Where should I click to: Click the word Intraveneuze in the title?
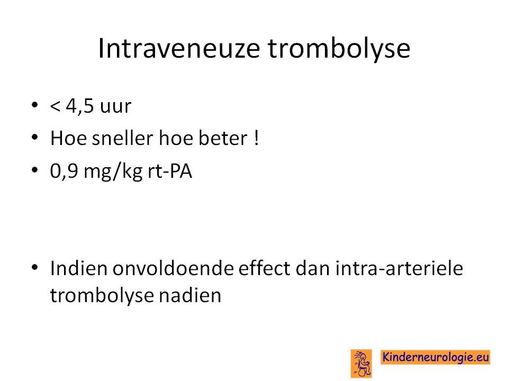pos(179,48)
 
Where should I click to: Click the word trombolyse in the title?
pos(339,49)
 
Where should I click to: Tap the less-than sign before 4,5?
pos(55,106)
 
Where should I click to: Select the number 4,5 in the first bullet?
pos(79,106)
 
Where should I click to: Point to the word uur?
pos(115,107)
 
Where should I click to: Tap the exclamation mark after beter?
pos(256,138)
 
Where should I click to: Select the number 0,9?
pos(64,171)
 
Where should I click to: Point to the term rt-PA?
pos(170,171)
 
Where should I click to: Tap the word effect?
pos(265,268)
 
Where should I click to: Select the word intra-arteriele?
pos(399,269)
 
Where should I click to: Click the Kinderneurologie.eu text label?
pos(435,357)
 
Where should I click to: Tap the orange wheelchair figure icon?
pos(361,363)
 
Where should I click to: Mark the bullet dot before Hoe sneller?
pos(35,137)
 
